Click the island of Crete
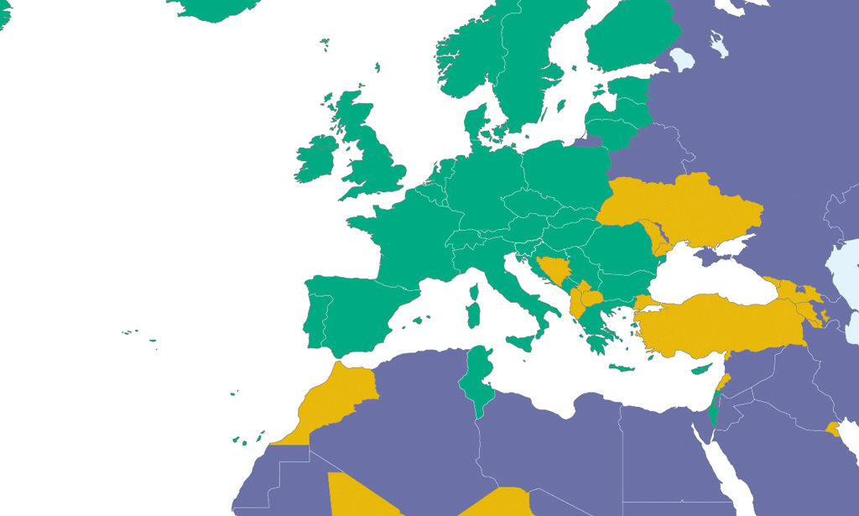click(622, 368)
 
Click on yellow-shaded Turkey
click(721, 323)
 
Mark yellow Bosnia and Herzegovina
click(554, 270)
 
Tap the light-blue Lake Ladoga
click(684, 59)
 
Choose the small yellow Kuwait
click(832, 430)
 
